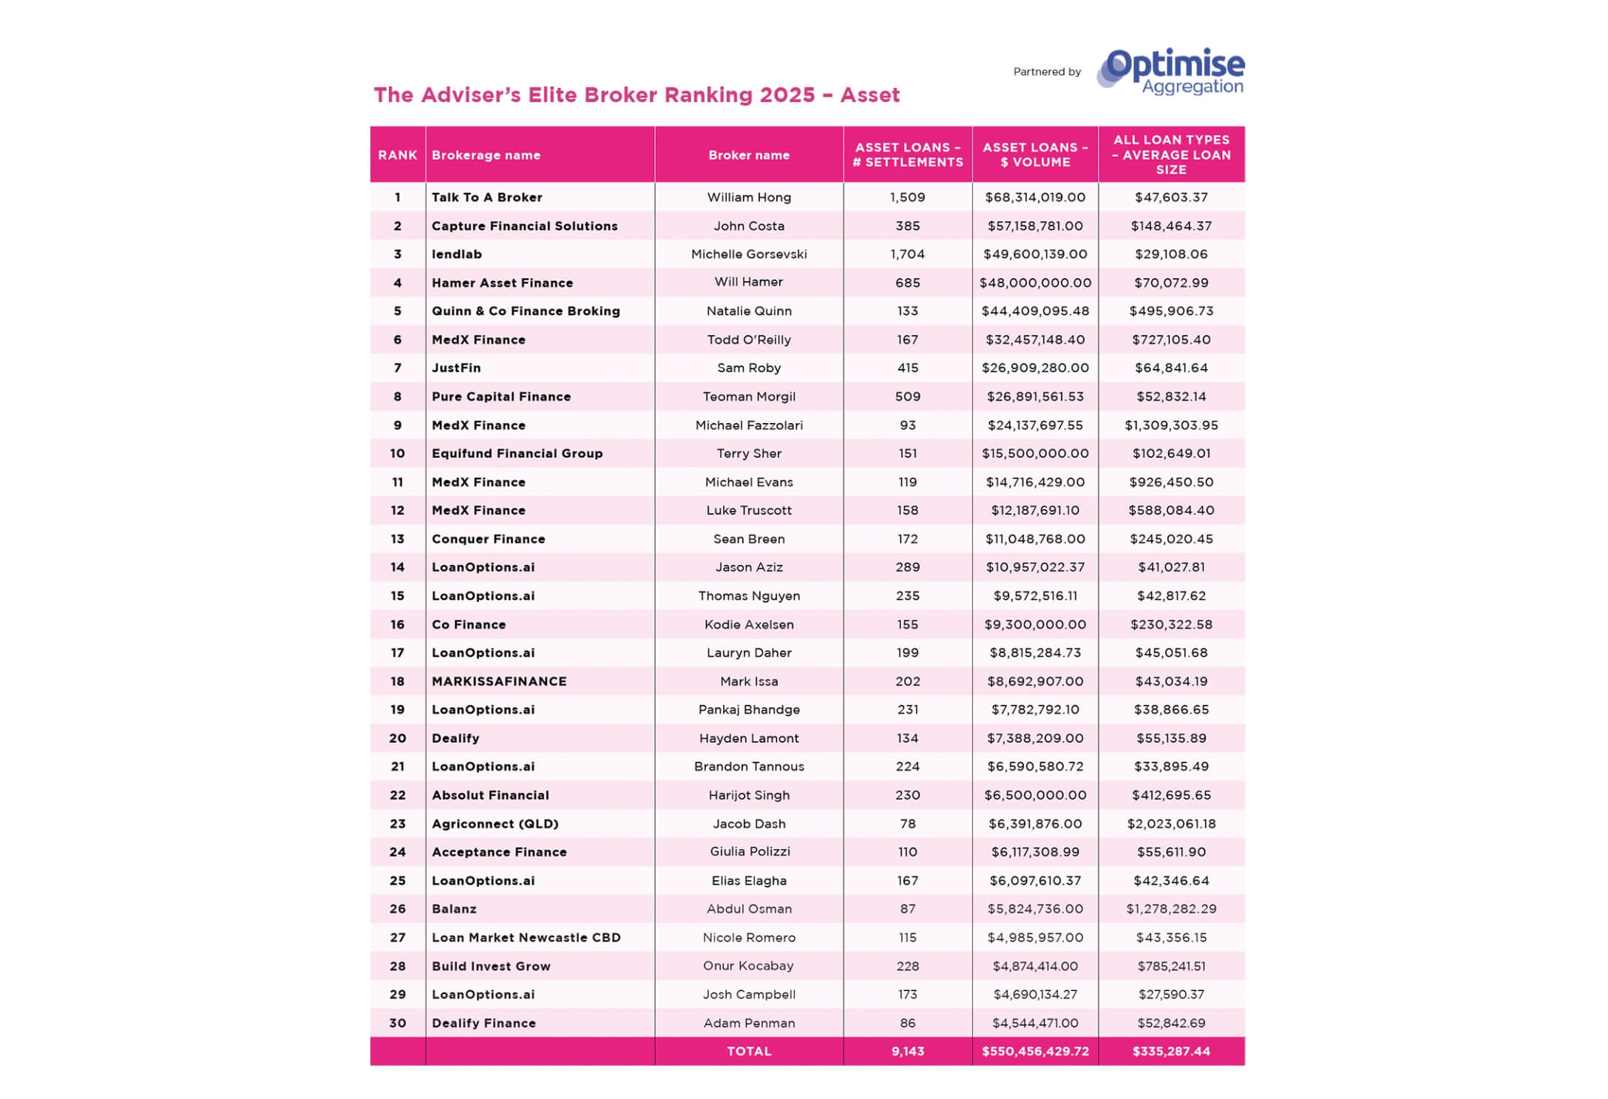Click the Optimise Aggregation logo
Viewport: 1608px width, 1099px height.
[1171, 72]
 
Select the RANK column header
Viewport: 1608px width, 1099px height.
[397, 155]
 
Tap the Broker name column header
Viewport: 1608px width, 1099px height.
[748, 155]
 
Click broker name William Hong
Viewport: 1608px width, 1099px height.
[748, 197]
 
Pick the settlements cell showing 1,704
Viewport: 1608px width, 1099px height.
[907, 254]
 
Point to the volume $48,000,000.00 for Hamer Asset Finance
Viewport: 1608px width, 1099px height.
[1034, 283]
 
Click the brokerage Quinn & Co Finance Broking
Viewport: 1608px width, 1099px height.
[526, 311]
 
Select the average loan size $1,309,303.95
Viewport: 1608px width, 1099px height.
[1170, 425]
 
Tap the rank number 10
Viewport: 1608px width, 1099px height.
[397, 453]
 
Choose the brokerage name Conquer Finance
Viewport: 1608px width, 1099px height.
[488, 539]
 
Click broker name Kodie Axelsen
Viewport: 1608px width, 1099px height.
[748, 625]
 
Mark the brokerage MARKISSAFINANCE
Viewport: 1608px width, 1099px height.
[499, 682]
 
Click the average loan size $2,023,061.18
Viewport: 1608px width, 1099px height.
[1170, 824]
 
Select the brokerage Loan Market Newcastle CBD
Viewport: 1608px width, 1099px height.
[526, 938]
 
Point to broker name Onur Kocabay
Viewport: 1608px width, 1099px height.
[748, 966]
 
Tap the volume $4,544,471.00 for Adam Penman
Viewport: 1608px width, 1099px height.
[1034, 1024]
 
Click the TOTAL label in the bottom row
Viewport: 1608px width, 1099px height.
[748, 1052]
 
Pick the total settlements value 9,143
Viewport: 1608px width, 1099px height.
[907, 1052]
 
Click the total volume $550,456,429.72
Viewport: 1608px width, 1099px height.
[1034, 1052]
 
